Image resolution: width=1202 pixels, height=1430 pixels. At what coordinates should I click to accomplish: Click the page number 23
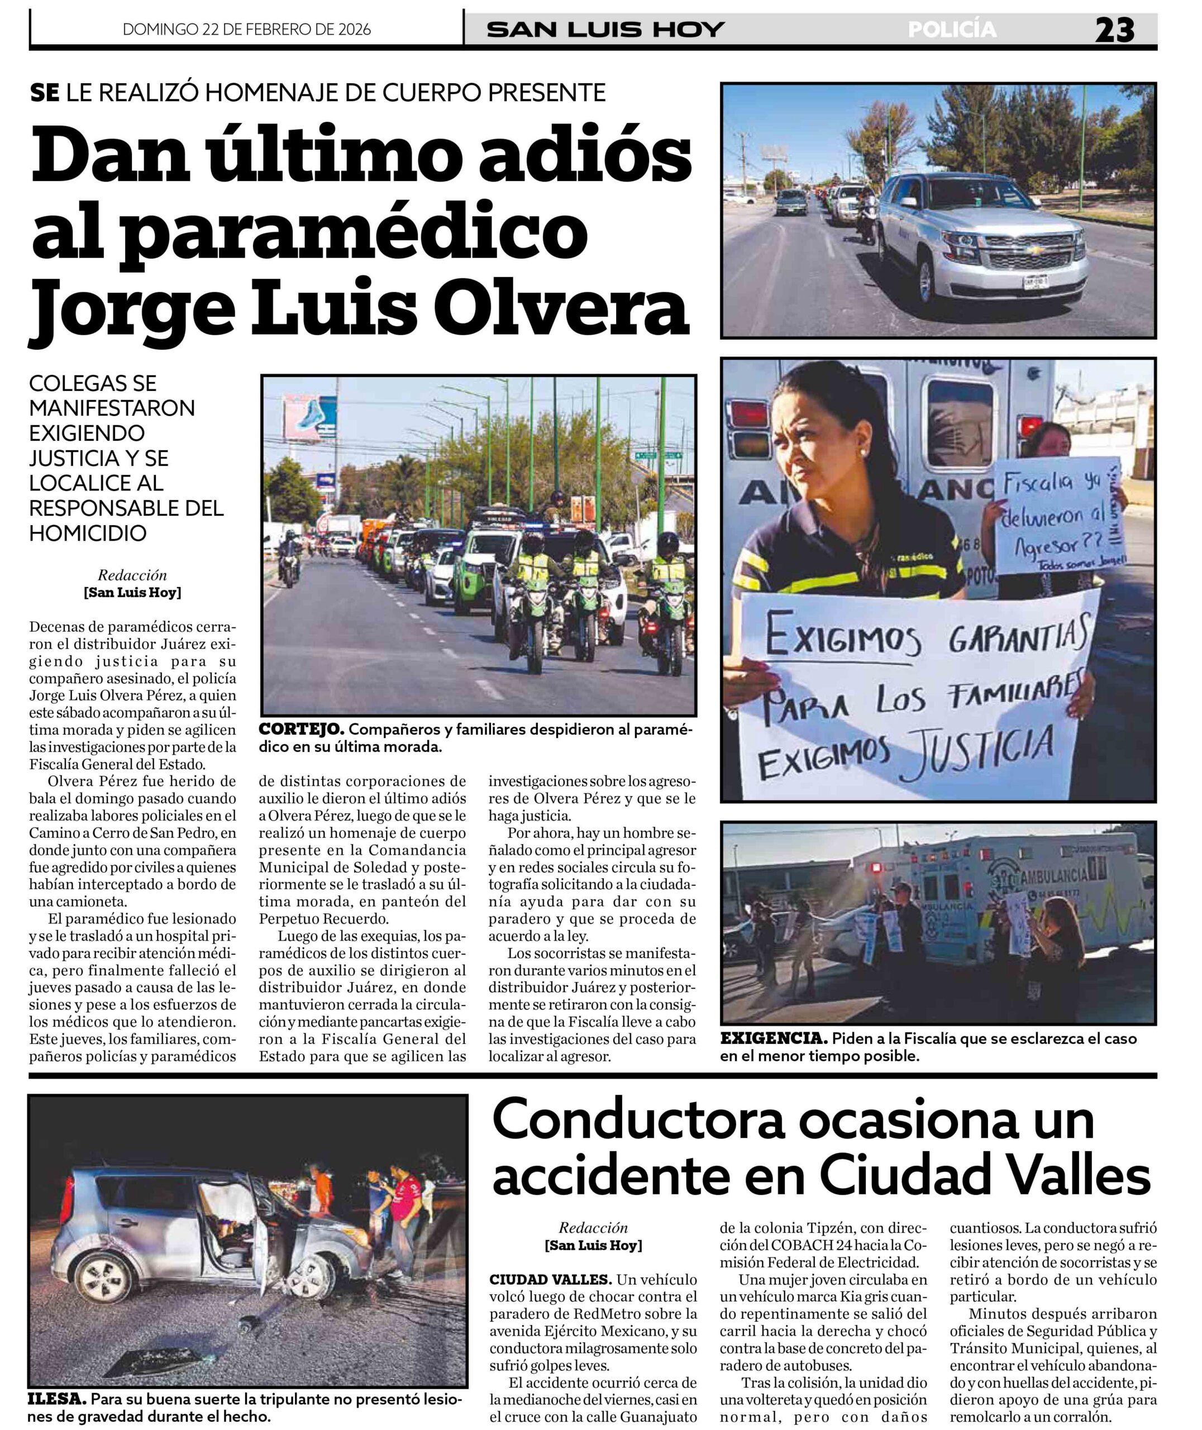point(1115,30)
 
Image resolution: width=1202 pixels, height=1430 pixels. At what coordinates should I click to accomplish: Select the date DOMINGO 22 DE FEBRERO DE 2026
point(247,29)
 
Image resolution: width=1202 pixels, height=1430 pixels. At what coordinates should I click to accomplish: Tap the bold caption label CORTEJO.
point(300,730)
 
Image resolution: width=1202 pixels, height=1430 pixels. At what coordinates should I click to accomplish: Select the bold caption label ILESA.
point(56,1399)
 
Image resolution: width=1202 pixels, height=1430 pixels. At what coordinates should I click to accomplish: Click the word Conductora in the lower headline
point(638,1122)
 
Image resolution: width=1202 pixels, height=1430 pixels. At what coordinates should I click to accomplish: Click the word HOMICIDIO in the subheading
point(88,533)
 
